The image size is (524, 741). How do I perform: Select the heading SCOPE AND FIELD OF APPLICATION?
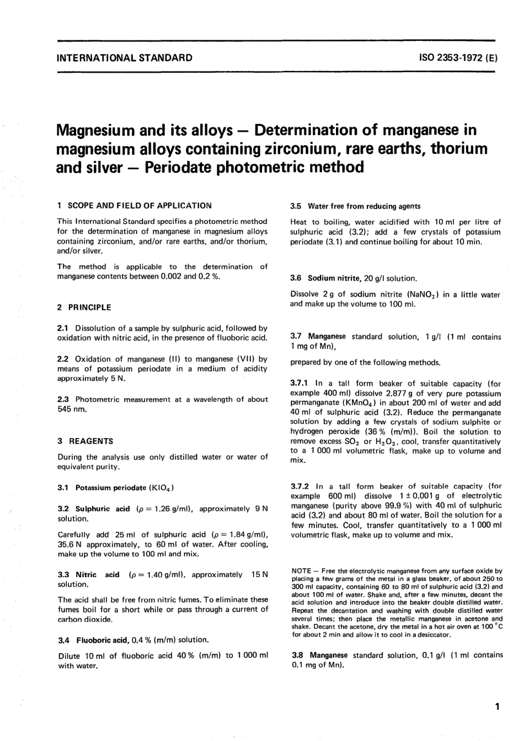point(139,205)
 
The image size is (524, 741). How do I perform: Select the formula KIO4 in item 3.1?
point(162,488)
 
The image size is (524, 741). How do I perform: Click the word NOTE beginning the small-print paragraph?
point(301,571)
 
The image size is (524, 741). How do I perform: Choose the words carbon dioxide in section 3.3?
point(85,620)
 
